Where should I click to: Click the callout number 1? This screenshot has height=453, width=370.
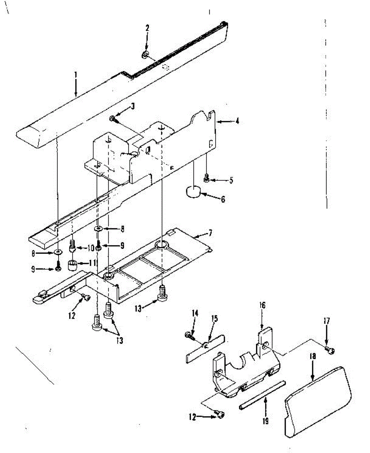pos(75,74)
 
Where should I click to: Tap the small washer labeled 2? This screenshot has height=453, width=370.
pos(145,55)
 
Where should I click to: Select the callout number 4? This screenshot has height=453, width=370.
pos(237,122)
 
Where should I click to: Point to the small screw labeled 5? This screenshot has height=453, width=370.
pos(206,177)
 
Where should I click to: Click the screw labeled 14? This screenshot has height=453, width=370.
pos(187,334)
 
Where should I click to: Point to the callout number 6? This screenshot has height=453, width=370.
pos(223,199)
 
